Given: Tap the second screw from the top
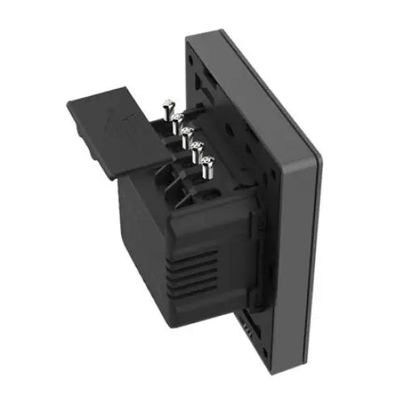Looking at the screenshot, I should click(x=178, y=118).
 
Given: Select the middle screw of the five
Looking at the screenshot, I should click(x=187, y=132).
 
